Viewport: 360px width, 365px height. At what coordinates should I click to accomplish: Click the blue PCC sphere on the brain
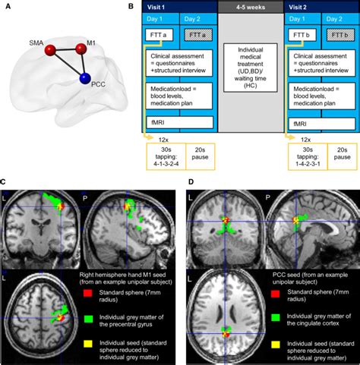pos(85,78)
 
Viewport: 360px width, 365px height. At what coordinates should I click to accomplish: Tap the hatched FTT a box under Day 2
pos(200,35)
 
